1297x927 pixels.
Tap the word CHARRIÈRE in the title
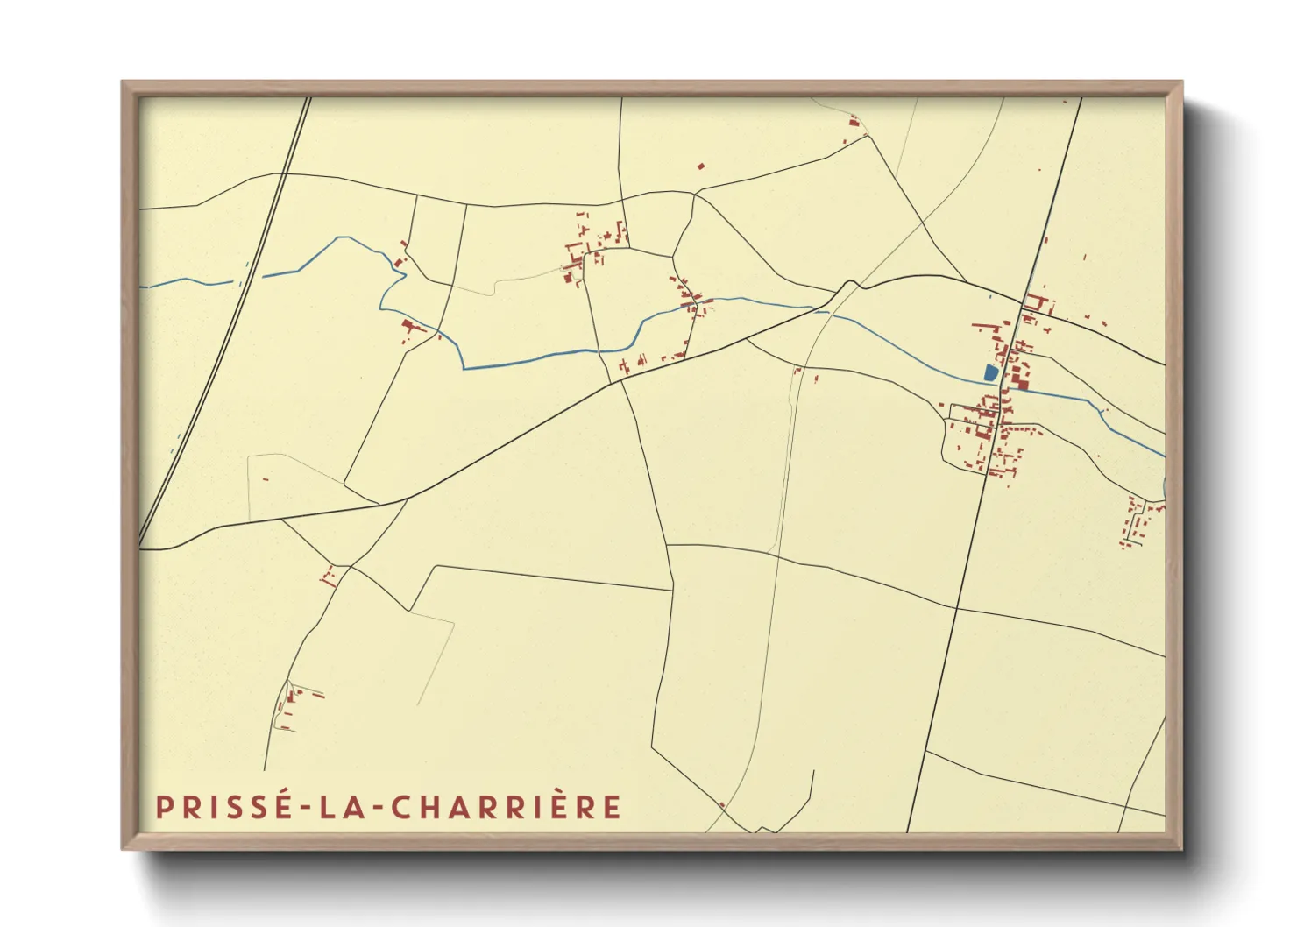coord(507,807)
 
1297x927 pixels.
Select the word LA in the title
coord(337,807)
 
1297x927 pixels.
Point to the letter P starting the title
coord(163,807)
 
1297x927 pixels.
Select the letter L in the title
coord(325,807)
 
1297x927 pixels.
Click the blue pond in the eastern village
coord(990,372)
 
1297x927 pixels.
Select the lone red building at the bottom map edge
coord(722,805)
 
